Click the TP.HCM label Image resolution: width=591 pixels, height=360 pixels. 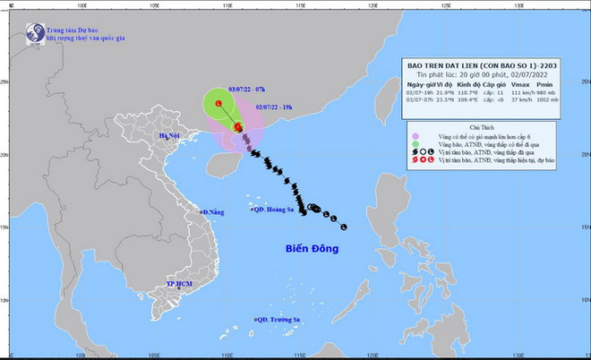[x=179, y=285]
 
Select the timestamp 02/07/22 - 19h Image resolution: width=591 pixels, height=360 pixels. [x=273, y=106]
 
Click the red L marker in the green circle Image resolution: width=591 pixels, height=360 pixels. [x=217, y=105]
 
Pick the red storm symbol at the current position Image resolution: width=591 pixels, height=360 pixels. [x=238, y=127]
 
